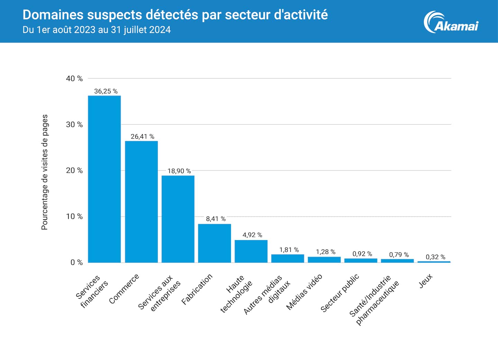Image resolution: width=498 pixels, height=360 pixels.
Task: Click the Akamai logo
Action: (451, 22)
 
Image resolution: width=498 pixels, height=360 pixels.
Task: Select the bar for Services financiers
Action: (104, 179)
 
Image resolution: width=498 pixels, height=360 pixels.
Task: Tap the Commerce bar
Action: (141, 202)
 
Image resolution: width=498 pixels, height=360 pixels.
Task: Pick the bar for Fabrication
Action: (214, 243)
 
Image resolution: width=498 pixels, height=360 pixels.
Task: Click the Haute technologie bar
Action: (251, 251)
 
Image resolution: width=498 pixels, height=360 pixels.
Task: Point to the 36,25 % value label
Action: (106, 91)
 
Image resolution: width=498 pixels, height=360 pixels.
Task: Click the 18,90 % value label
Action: (179, 171)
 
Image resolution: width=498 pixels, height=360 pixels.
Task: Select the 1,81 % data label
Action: (289, 250)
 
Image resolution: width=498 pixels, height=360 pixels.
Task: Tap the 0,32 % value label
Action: (435, 257)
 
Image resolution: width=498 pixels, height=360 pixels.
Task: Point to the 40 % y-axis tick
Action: (74, 79)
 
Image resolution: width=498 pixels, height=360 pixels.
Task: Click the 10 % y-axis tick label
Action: (74, 216)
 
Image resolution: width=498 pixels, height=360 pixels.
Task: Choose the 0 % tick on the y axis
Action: (76, 262)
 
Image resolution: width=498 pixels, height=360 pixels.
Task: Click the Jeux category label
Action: (426, 281)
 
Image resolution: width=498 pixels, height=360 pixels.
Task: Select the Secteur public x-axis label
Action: (340, 293)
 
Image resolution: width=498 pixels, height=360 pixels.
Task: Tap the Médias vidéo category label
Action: (304, 292)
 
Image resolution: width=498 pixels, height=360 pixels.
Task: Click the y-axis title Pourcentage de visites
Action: (45, 172)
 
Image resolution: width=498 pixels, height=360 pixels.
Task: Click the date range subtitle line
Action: (96, 30)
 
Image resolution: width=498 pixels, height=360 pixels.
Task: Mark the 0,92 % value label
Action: (362, 254)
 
